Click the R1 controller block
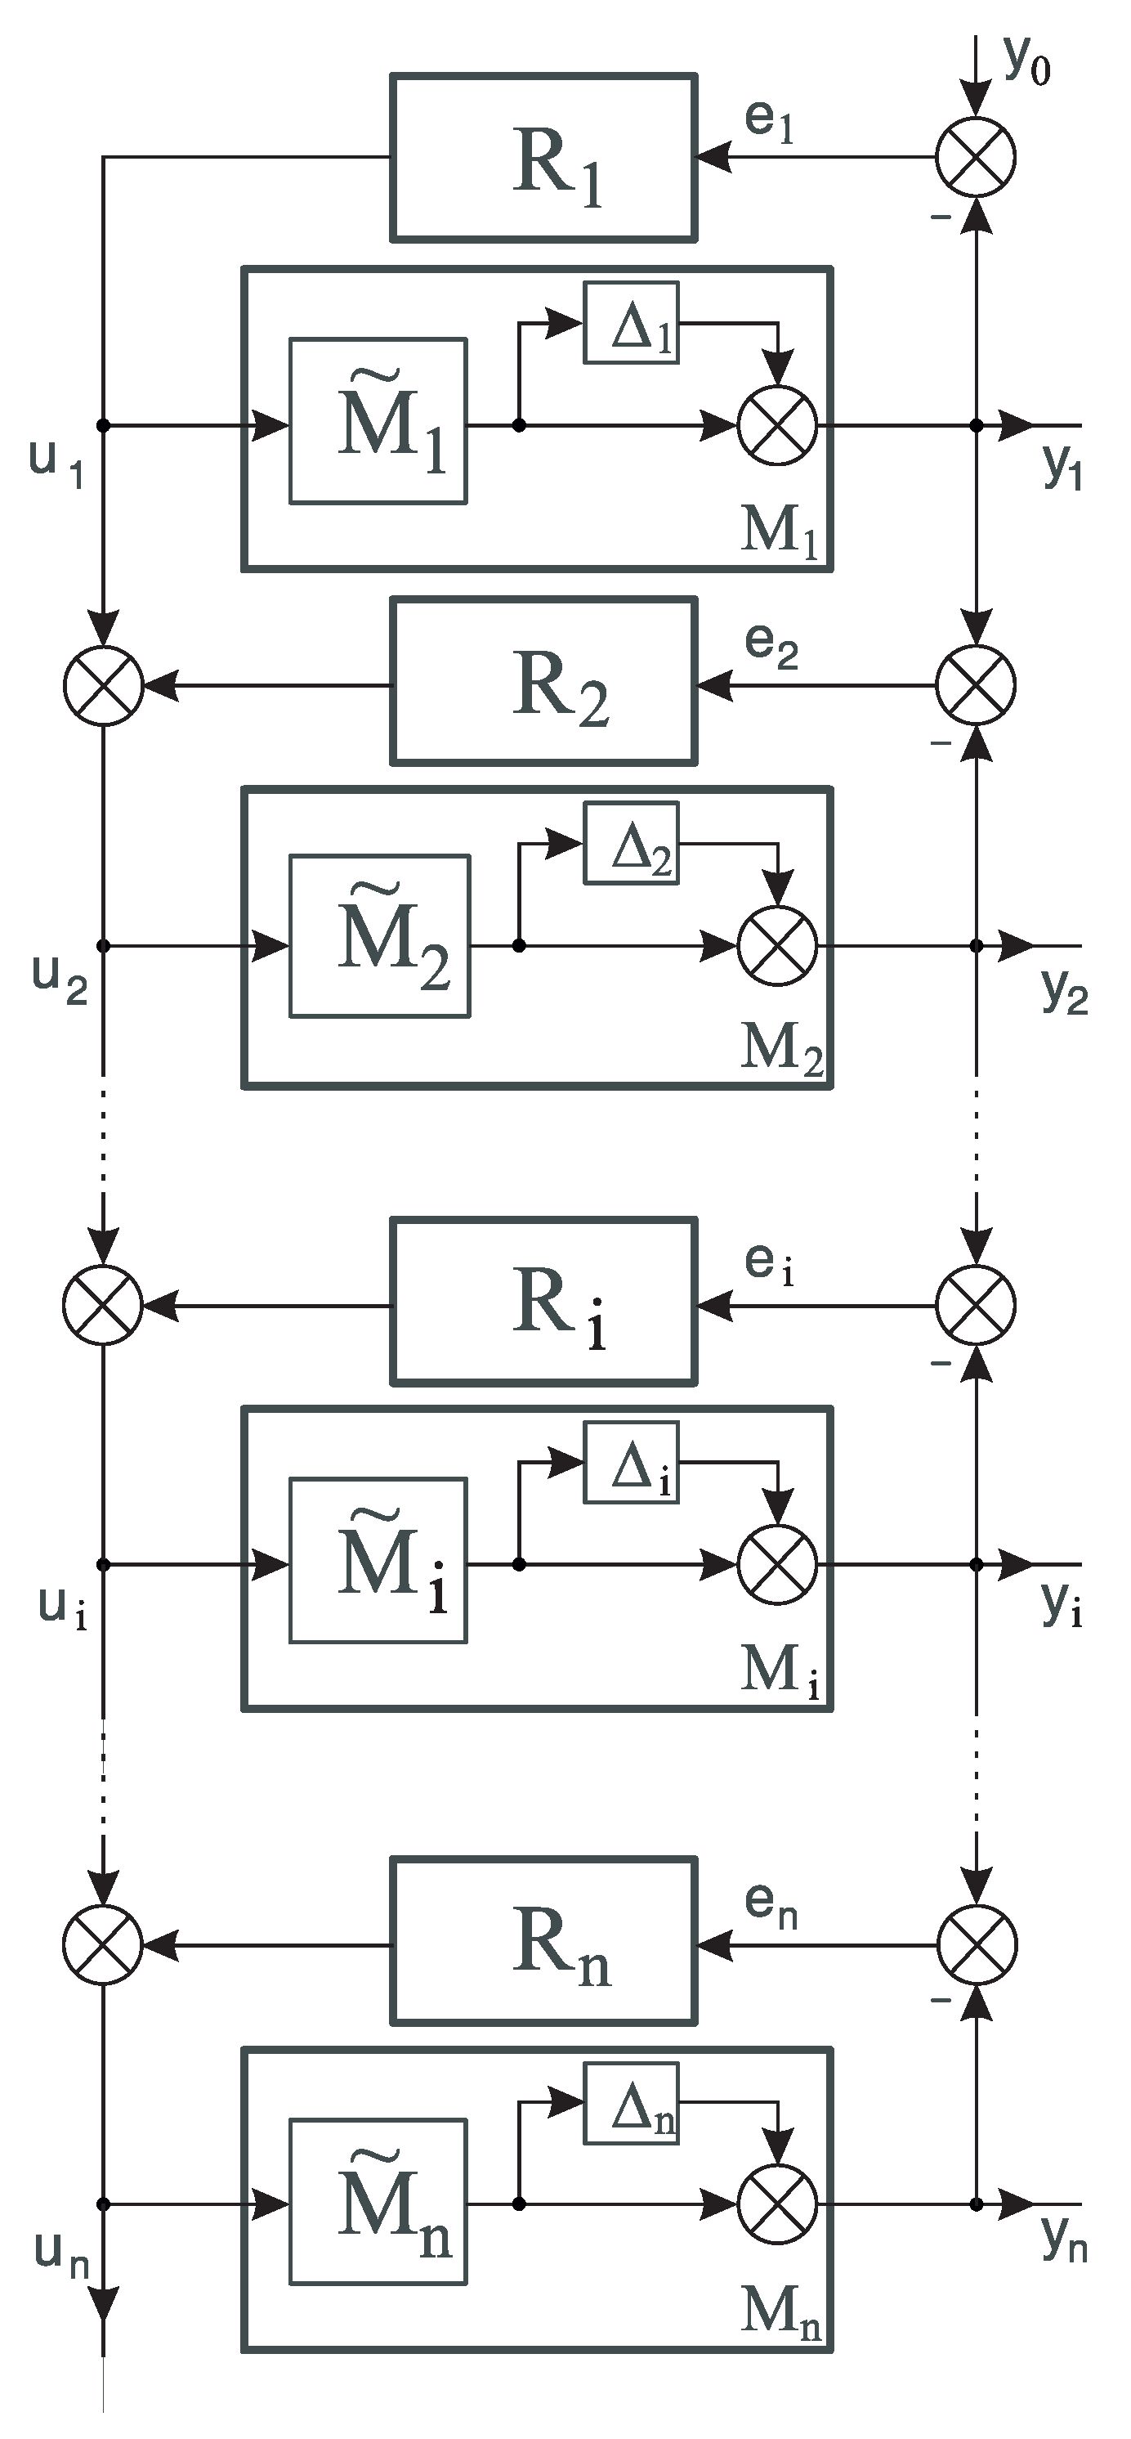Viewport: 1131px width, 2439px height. pyautogui.click(x=543, y=157)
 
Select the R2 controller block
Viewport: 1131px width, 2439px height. pyautogui.click(x=543, y=681)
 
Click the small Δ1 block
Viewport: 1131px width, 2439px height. pyautogui.click(x=631, y=322)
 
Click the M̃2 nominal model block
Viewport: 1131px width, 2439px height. pyautogui.click(x=379, y=936)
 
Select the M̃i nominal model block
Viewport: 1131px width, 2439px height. pyautogui.click(x=378, y=1559)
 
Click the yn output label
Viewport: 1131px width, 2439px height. pyautogui.click(x=1064, y=2239)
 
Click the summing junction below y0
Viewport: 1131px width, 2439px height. pyautogui.click(x=976, y=157)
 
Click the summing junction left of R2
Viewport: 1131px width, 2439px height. pyautogui.click(x=103, y=684)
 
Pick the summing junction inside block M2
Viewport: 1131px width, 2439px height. pyautogui.click(x=776, y=945)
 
